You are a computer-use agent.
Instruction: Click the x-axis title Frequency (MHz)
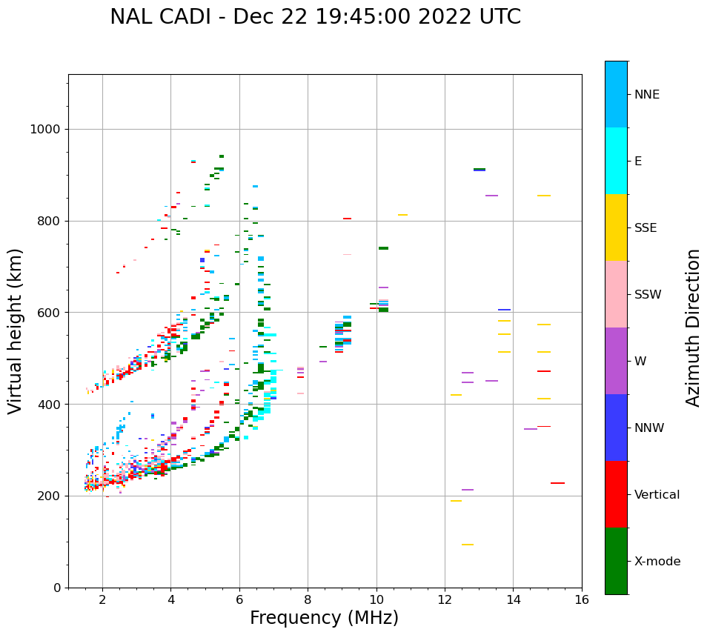click(324, 618)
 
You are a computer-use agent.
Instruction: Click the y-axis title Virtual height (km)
click(16, 330)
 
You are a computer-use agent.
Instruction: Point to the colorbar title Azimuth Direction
click(693, 328)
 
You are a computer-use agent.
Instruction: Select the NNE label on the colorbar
click(646, 95)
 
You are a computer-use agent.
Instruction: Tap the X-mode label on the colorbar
click(657, 562)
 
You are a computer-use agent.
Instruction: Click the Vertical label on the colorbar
click(657, 495)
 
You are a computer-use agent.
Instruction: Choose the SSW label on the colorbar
click(648, 295)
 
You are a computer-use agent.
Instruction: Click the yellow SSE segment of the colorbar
click(616, 227)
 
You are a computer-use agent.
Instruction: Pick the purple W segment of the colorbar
click(616, 361)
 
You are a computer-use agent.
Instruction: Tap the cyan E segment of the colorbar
click(616, 161)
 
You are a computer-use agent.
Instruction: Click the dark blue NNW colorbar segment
click(616, 428)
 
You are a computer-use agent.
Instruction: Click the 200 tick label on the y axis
click(48, 496)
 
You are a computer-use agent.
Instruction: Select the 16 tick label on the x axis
click(582, 599)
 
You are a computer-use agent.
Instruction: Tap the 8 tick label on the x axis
click(308, 599)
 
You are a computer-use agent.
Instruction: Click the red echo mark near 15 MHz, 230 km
click(557, 483)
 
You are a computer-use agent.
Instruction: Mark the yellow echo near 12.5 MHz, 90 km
click(468, 545)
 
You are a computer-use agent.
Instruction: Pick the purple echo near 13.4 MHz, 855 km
click(491, 196)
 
